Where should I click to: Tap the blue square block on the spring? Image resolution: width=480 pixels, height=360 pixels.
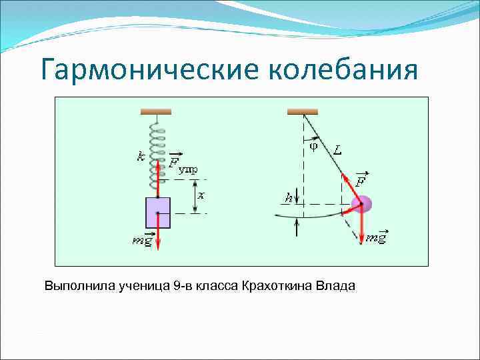[158, 212]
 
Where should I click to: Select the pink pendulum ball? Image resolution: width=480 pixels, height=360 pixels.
[363, 205]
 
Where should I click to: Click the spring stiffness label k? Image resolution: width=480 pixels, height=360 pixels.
[141, 156]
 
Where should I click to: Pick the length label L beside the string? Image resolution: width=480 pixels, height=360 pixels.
[338, 151]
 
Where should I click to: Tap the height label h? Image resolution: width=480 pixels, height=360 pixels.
[289, 197]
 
